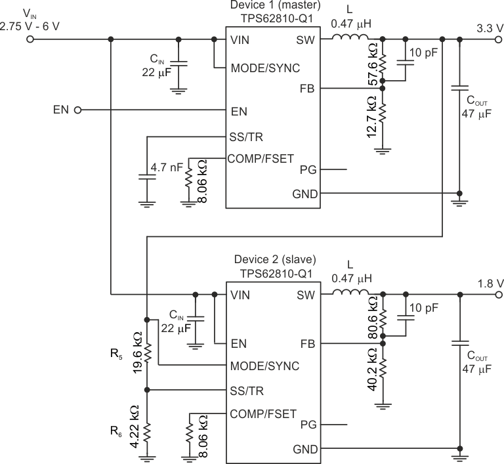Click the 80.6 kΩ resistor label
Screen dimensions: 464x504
[x=372, y=318]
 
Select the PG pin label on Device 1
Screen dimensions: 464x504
[x=308, y=169]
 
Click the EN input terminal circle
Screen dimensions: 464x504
[x=78, y=111]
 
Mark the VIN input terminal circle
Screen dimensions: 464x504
[x=29, y=39]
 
